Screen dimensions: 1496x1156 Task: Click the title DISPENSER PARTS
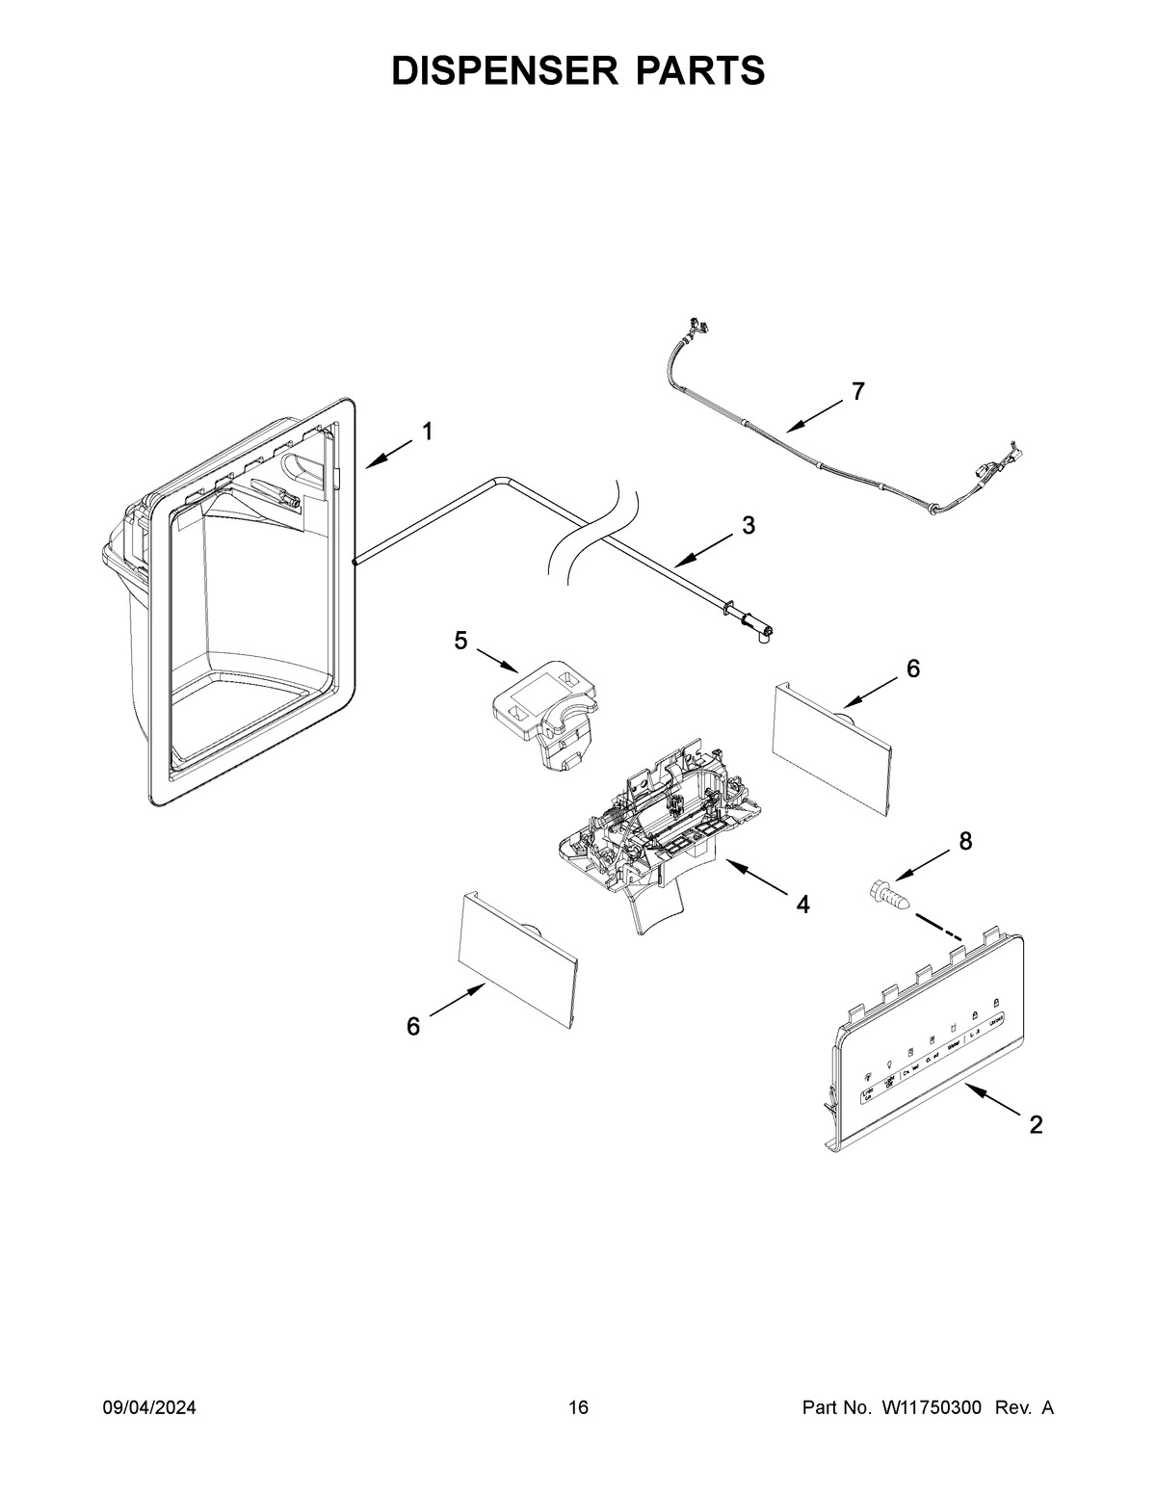578,71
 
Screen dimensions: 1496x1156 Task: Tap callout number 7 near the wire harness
857,391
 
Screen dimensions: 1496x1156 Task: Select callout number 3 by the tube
749,525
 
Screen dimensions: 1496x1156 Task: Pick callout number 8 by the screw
964,841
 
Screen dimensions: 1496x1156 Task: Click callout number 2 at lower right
1036,1124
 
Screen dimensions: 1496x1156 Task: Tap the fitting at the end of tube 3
761,633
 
